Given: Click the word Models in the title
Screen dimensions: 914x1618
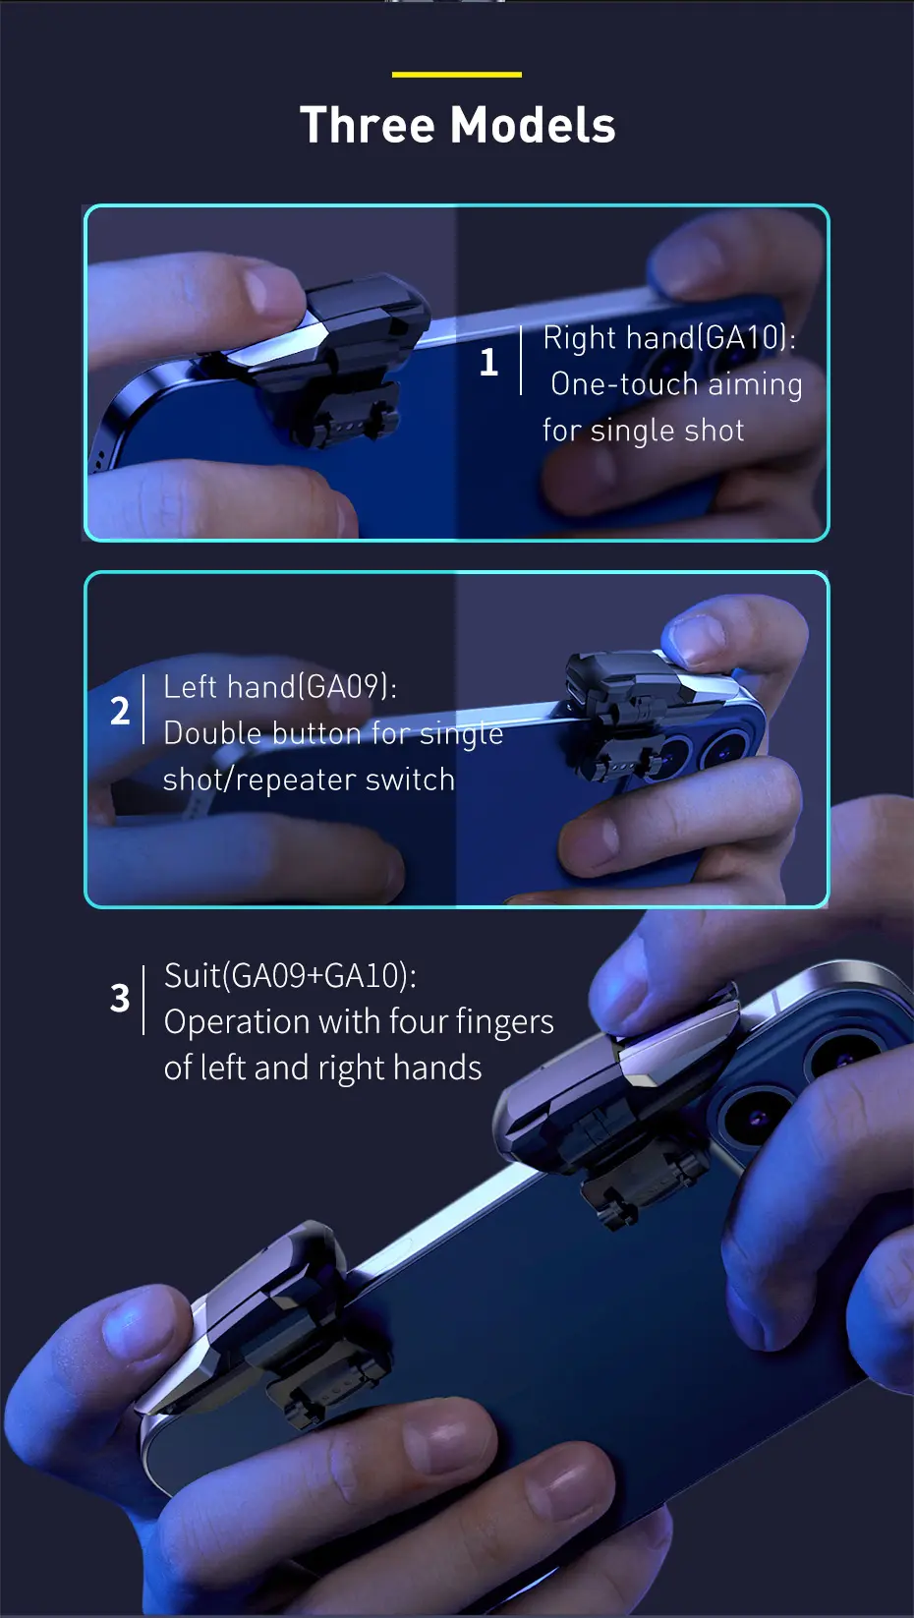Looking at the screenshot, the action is pos(533,125).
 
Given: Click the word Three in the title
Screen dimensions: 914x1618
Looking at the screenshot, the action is pos(368,125).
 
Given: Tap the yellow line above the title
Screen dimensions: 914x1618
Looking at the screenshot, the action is pos(457,75).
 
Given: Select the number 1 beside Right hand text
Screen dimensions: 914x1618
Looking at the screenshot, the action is pos(488,361).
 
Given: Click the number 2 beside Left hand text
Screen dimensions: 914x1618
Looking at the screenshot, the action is pos(120,711).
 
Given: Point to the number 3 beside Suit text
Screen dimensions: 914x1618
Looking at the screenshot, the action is pos(120,999).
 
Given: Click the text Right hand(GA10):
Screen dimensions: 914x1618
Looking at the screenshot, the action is pos(669,338).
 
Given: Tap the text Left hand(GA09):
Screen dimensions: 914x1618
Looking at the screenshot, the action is pos(280,687).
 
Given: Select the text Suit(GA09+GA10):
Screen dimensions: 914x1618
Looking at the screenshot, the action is pos(290,976).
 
